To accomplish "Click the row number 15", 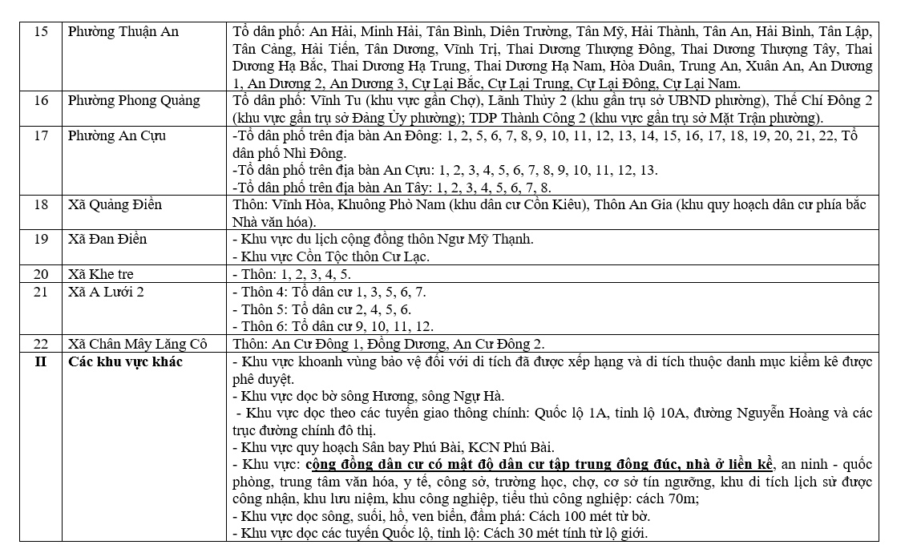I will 41,32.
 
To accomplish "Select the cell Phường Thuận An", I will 123,32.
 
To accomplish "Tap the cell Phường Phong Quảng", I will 134,101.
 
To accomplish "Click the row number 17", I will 41,135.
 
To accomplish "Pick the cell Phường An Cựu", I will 117,135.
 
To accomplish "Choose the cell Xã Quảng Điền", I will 115,205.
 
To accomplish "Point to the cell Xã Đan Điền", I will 107,240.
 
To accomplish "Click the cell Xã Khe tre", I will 100,274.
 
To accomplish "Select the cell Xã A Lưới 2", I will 106,292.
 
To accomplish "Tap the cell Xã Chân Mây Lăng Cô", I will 137,344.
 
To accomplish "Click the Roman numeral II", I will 41,361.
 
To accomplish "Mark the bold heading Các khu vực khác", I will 125,361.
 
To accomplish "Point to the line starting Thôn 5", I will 321,309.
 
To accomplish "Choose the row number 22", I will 41,344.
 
